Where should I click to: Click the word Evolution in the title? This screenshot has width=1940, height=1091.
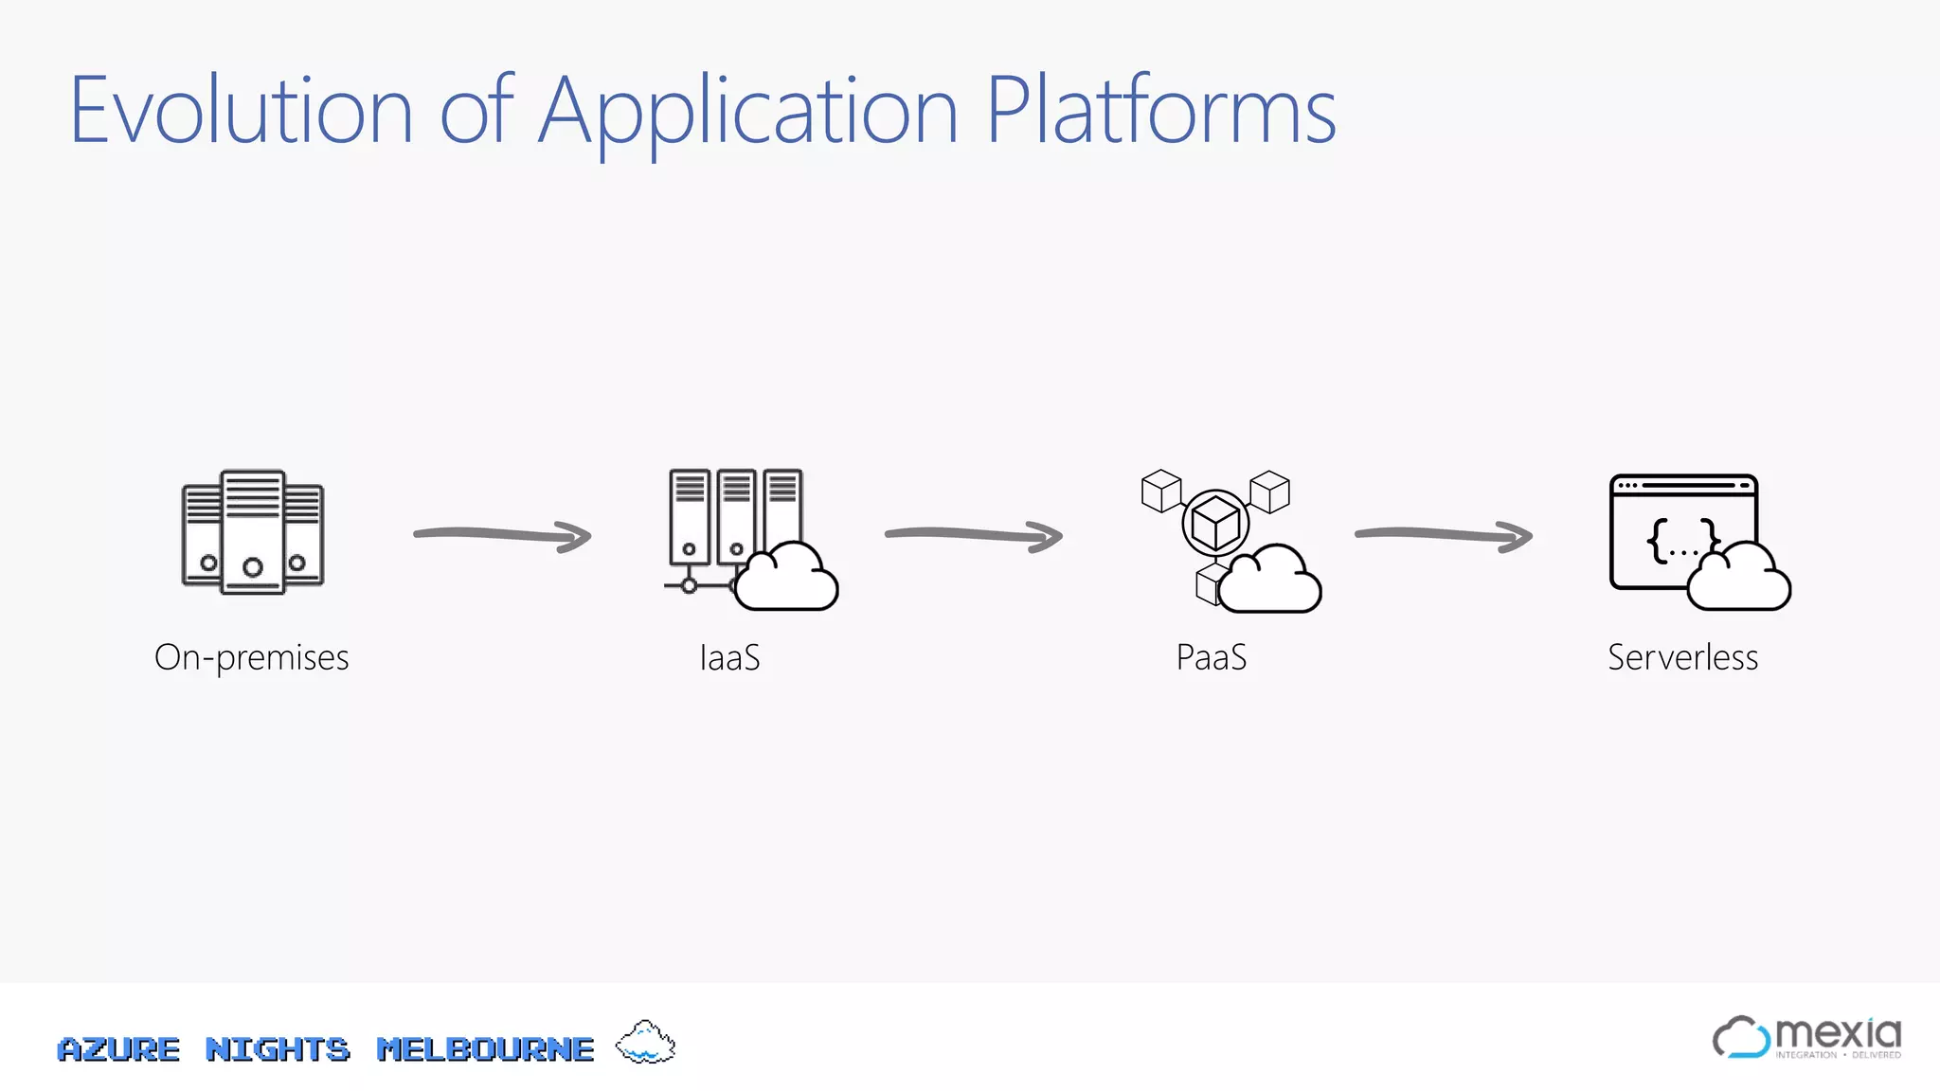point(242,112)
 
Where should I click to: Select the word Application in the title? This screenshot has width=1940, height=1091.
point(748,112)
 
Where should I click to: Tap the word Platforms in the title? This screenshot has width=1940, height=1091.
point(1160,112)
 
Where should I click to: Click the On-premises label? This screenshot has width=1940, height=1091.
point(252,657)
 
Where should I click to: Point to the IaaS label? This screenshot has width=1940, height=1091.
point(729,657)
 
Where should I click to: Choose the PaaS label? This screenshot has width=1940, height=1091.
point(1211,657)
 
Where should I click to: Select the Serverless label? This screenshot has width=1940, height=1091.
point(1682,657)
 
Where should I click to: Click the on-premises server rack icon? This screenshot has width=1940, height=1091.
point(252,532)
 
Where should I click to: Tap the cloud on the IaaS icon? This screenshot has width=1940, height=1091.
point(786,580)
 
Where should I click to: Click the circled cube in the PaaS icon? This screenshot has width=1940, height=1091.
point(1215,522)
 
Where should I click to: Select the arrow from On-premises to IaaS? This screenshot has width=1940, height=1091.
point(502,535)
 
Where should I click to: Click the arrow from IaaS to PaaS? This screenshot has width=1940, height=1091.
point(973,535)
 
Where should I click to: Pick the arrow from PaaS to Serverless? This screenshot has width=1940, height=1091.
point(1443,535)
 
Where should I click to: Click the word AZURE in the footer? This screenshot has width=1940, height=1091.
point(118,1049)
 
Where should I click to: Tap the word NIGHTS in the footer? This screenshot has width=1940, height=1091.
point(278,1049)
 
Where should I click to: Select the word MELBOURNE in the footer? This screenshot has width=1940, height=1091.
point(485,1049)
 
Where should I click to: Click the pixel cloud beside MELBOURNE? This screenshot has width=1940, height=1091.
point(645,1043)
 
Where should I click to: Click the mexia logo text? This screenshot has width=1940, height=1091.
point(1837,1032)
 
